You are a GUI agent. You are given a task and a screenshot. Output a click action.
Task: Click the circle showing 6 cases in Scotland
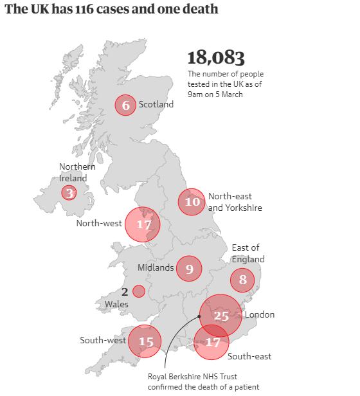pyautogui.click(x=125, y=105)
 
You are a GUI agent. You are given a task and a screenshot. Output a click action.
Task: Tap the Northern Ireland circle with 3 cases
pyautogui.click(x=69, y=192)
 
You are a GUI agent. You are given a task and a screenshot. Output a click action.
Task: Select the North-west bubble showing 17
pyautogui.click(x=143, y=224)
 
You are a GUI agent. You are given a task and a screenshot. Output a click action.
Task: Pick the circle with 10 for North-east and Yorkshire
pyautogui.click(x=192, y=201)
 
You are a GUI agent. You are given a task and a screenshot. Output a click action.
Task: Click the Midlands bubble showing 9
pyautogui.click(x=189, y=269)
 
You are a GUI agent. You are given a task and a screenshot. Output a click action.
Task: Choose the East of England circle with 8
pyautogui.click(x=242, y=280)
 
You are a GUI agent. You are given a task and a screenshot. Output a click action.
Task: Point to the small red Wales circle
pyautogui.click(x=139, y=291)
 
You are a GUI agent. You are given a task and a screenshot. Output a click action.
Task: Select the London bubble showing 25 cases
pyautogui.click(x=221, y=315)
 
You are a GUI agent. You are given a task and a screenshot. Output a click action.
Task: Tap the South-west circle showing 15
pyautogui.click(x=146, y=341)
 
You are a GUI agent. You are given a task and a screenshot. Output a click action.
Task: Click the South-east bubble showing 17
pyautogui.click(x=212, y=342)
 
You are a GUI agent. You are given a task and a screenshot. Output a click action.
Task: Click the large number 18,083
pyautogui.click(x=216, y=57)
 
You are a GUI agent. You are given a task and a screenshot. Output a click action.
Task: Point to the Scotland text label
pyautogui.click(x=156, y=104)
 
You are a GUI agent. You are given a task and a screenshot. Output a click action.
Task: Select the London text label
pyautogui.click(x=260, y=315)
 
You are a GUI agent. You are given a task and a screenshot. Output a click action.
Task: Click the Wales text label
pyautogui.click(x=116, y=303)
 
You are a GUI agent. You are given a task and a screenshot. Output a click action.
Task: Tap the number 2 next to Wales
pyautogui.click(x=125, y=291)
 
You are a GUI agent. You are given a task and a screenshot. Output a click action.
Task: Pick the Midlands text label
pyautogui.click(x=156, y=267)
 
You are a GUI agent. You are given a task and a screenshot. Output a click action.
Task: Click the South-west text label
pyautogui.click(x=102, y=340)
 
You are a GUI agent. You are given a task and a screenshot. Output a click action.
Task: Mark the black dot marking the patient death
pyautogui.click(x=199, y=316)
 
